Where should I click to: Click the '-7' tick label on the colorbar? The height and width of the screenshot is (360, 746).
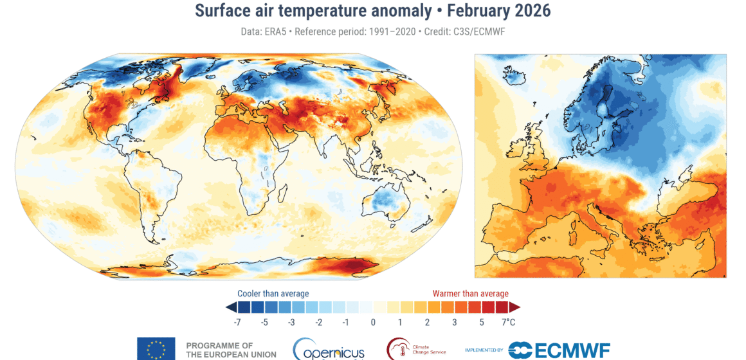(238, 321)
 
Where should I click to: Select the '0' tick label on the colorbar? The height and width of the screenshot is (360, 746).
(373, 321)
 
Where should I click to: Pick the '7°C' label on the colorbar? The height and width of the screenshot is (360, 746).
(508, 321)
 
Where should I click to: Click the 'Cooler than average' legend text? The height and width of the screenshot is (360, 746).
(273, 294)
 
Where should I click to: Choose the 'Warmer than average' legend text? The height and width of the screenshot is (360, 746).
(470, 294)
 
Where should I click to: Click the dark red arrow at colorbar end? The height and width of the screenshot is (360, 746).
(514, 307)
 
